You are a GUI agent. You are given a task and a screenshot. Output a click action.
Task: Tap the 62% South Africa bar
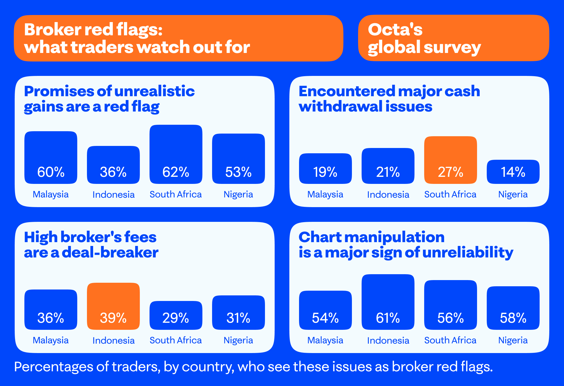(176, 154)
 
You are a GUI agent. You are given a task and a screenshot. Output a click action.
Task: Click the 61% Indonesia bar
(388, 302)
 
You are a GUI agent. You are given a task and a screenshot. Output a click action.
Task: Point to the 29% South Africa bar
(176, 315)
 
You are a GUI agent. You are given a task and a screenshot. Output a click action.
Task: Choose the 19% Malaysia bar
(325, 168)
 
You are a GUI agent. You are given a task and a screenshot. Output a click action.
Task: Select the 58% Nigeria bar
(513, 308)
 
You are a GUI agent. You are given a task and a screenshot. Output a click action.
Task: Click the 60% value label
(51, 172)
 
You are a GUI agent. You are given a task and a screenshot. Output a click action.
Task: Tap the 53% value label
(238, 172)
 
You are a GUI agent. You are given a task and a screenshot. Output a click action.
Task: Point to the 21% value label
(388, 172)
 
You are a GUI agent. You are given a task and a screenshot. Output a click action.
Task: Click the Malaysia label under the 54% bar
(325, 340)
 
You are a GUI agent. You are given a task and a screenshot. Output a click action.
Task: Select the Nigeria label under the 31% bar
(238, 340)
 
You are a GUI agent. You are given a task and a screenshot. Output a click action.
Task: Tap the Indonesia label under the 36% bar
(113, 194)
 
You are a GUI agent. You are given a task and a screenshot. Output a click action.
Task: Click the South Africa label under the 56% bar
(450, 340)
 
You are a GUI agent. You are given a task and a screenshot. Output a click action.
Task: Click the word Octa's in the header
(395, 30)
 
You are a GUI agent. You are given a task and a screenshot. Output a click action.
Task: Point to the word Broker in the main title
(53, 30)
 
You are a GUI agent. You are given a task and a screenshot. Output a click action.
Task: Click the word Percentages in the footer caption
(53, 367)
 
